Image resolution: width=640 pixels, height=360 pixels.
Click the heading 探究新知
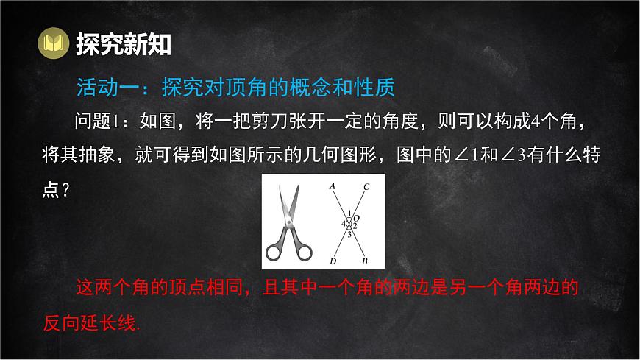coord(124,44)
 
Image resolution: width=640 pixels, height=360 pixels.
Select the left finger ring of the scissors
coord(273,252)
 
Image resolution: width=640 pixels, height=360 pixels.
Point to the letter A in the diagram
coord(333,186)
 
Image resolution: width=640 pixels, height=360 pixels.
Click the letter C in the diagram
coord(366,186)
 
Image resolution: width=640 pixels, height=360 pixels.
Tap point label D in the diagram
coord(333,261)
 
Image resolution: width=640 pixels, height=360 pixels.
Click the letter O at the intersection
coord(357,218)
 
